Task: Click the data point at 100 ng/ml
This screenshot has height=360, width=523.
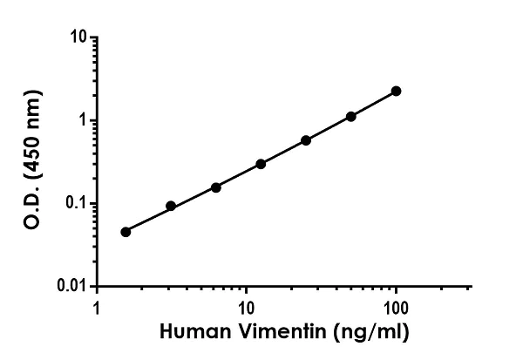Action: (396, 91)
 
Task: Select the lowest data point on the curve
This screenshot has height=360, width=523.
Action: (126, 232)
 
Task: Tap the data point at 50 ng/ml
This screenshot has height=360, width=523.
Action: (351, 116)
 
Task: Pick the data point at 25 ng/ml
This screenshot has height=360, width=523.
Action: (306, 140)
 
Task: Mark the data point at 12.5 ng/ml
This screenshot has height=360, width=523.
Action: (261, 164)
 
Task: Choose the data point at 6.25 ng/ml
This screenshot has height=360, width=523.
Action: (215, 187)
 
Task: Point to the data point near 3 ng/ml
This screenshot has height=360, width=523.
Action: (171, 207)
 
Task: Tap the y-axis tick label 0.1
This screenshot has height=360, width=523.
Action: (77, 203)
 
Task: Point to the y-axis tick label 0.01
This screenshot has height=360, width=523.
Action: (73, 286)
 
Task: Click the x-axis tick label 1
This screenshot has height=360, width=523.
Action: (97, 308)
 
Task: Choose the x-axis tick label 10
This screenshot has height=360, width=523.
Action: (247, 308)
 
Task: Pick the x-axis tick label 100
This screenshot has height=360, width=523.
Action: (397, 308)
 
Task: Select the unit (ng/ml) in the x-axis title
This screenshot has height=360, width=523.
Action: (364, 333)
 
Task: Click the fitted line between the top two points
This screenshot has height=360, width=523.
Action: (373, 104)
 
